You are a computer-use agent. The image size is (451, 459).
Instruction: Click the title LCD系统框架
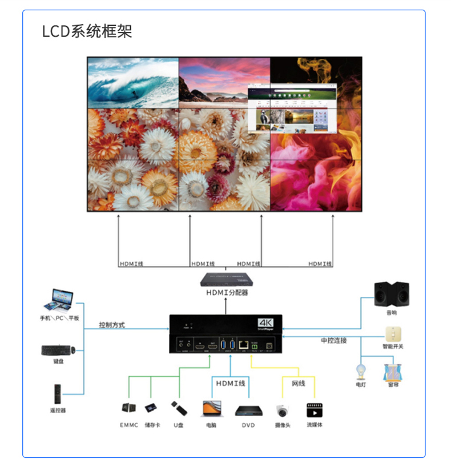coord(87,31)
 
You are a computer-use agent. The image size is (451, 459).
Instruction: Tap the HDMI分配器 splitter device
coord(227,279)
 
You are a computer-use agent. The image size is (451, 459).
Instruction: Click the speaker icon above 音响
coord(392,293)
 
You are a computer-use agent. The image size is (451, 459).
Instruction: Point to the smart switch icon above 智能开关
coord(392,333)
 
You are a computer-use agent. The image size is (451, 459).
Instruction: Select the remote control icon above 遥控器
coord(58,394)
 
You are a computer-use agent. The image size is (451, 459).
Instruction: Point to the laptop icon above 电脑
coord(211,408)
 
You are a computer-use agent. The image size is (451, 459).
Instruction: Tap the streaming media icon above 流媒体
coord(313,410)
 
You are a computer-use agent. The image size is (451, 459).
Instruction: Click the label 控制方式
coord(112,325)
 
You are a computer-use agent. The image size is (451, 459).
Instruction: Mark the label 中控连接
coord(333,340)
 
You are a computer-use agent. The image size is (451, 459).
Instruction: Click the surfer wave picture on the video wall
coord(132,83)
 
